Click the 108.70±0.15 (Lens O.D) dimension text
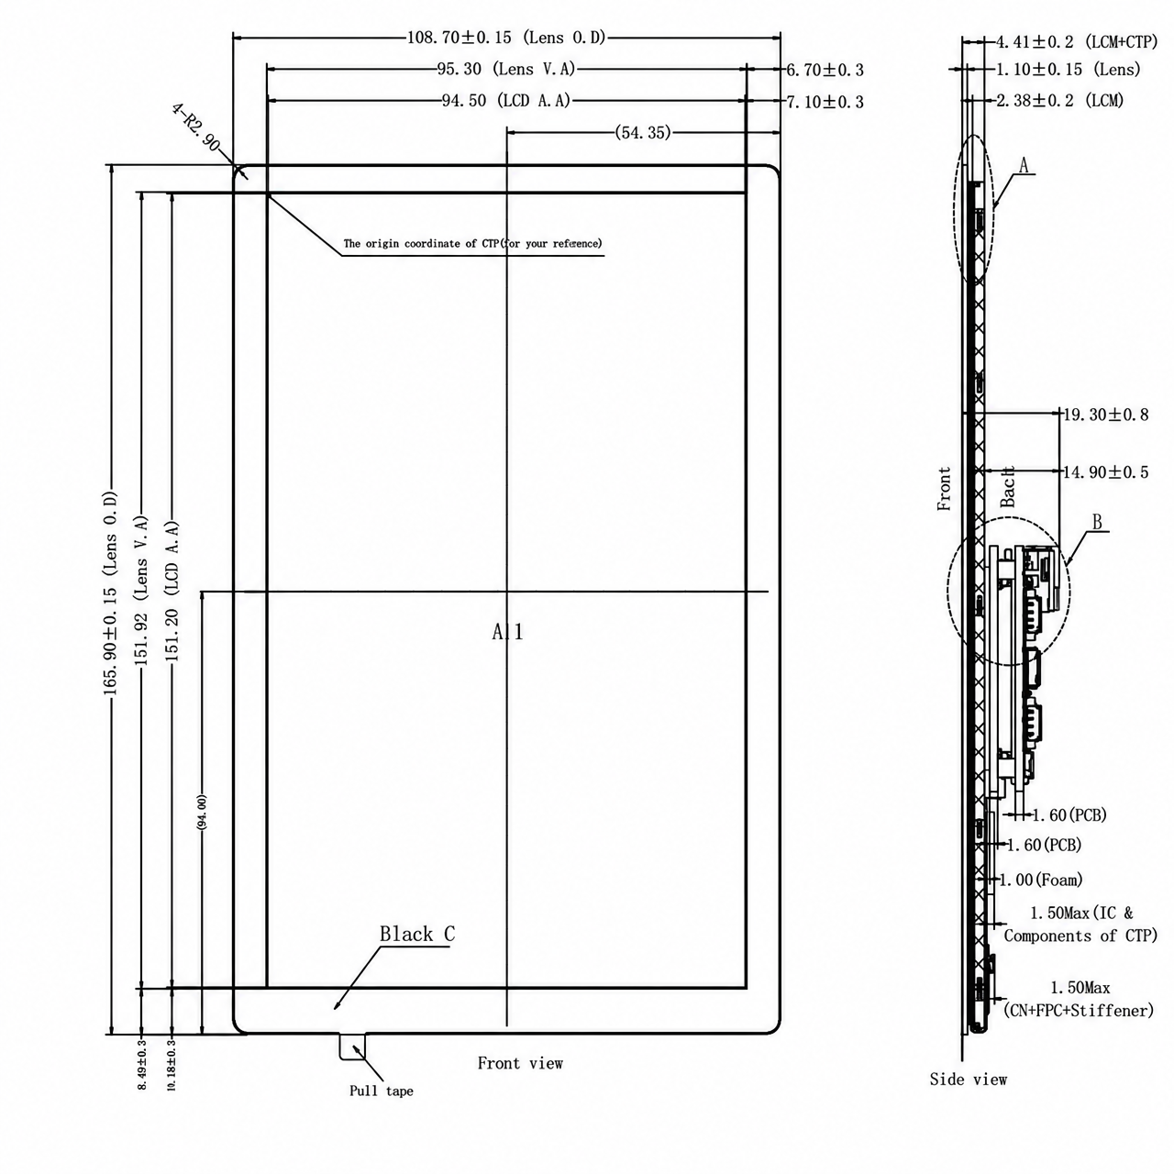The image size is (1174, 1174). point(506,38)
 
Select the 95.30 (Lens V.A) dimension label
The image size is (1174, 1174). point(506,70)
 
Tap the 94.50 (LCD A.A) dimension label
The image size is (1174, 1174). point(506,101)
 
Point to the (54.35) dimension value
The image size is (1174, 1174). point(643,132)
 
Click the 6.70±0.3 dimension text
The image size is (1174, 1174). point(825,70)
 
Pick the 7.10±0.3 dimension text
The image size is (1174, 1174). point(825,102)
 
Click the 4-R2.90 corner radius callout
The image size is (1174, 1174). point(196,127)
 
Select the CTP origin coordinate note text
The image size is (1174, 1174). point(472,244)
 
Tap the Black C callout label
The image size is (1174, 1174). point(417,934)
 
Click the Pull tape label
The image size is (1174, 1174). point(382,1091)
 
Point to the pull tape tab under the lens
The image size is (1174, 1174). point(353,1047)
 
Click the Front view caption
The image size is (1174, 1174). point(520,1063)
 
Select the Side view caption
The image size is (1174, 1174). point(968,1080)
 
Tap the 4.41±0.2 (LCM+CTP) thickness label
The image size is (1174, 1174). point(1077,42)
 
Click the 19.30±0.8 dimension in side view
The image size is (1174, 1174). point(1106,415)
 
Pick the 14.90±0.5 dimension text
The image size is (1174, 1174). point(1106,472)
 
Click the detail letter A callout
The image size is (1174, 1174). point(1024,165)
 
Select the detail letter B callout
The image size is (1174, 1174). point(1097,522)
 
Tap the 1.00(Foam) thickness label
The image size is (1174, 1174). point(1041,880)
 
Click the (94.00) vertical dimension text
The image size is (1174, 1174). point(203,812)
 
